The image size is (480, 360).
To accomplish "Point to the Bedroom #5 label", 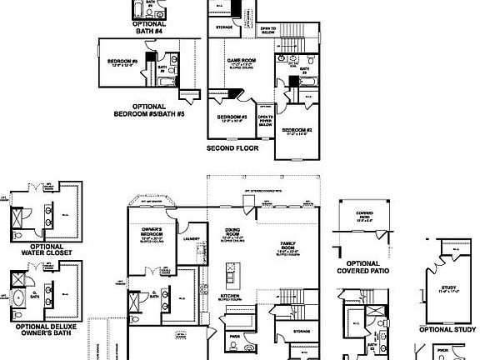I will (x=122, y=62).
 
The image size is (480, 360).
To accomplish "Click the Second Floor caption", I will (x=232, y=147).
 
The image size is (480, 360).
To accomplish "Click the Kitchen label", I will (x=230, y=297).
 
